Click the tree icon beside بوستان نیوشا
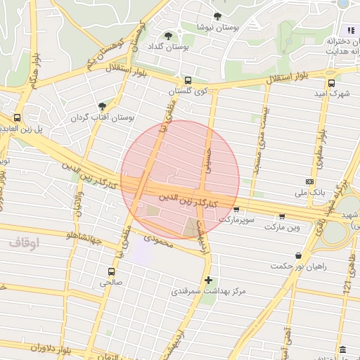pos(217,17)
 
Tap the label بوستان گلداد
pos(157,46)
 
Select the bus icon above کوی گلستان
pos(188,80)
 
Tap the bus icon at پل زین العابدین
pos(17,118)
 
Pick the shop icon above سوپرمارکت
pos(236,209)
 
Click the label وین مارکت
pos(283,226)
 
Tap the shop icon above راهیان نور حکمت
pos(300,255)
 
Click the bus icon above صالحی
pos(111,271)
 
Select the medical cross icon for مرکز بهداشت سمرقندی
pos(208,280)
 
